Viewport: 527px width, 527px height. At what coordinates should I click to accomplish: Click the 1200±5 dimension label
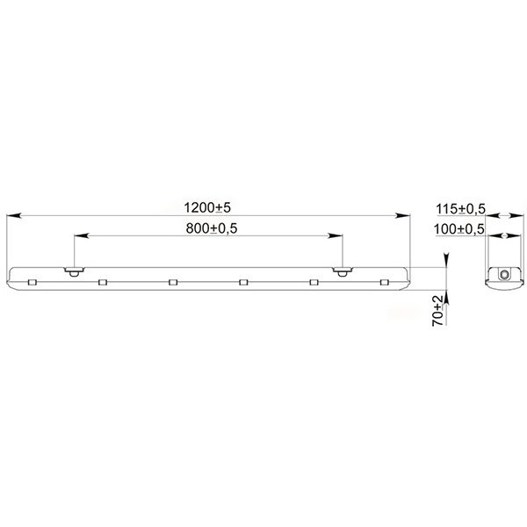pos(207,207)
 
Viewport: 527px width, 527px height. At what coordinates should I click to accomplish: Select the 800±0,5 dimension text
pos(212,228)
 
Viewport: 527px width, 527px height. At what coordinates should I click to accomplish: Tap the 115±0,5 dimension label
pos(461,209)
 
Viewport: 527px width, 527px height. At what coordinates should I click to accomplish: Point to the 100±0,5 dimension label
pos(459,229)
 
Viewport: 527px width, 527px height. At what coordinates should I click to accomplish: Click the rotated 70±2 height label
pos(438,311)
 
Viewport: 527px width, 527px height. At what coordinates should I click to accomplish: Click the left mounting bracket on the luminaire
pos(75,271)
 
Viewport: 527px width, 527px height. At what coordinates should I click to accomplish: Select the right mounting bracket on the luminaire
pos(343,271)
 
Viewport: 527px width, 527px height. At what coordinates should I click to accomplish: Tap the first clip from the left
pos(32,282)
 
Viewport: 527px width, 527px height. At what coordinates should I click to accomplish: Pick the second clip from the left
pos(103,282)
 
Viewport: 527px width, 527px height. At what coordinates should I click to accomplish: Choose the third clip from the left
pos(173,282)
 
